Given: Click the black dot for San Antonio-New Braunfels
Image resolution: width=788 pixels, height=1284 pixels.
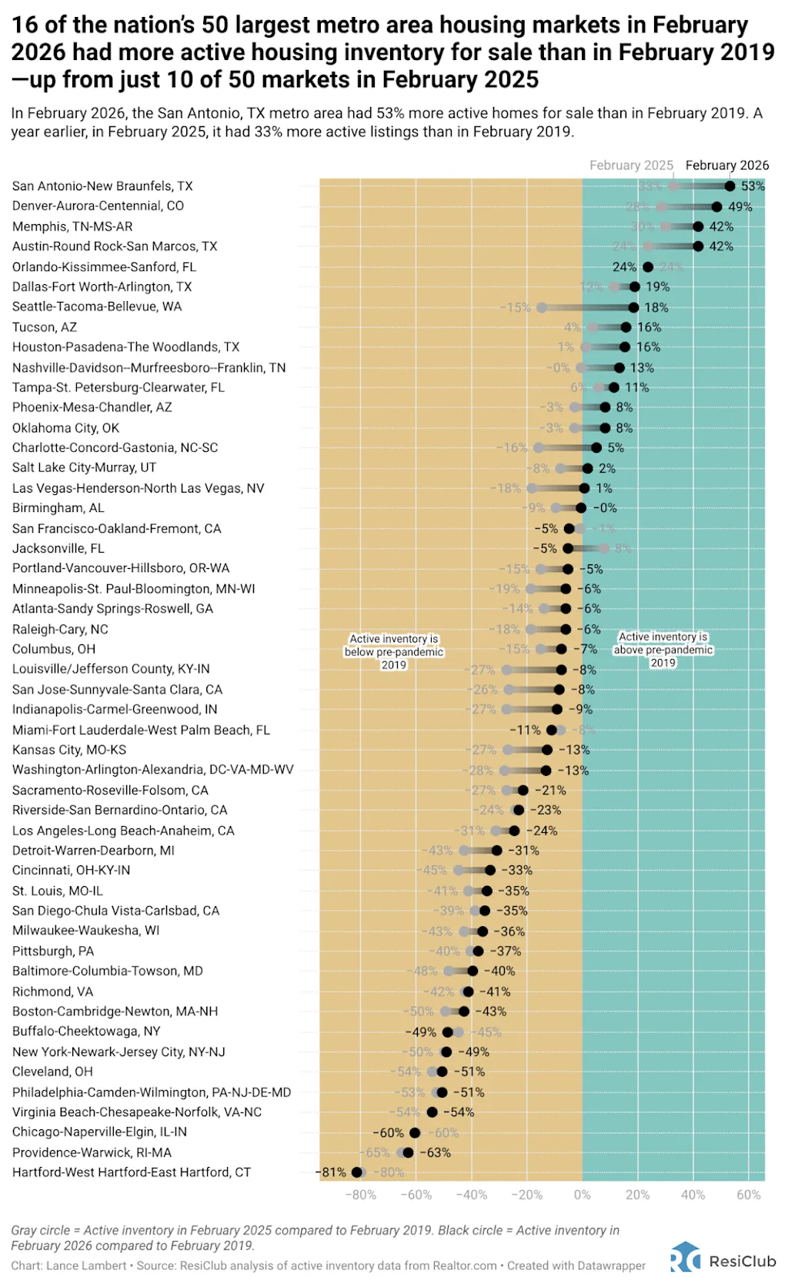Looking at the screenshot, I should tap(730, 186).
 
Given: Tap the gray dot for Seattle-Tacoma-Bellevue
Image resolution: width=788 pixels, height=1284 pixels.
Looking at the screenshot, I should tap(542, 307).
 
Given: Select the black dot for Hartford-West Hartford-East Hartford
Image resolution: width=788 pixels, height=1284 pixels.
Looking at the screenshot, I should tap(357, 1172).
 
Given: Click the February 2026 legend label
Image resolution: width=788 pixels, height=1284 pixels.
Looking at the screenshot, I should tap(726, 166).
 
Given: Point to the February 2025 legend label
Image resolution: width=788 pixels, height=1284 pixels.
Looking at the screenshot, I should tap(631, 166).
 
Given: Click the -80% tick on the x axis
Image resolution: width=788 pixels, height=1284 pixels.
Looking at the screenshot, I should tap(360, 1195).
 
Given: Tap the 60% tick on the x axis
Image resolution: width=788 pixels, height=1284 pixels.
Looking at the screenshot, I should tap(749, 1195).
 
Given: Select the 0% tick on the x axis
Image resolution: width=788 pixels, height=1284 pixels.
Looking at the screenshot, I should tap(583, 1195).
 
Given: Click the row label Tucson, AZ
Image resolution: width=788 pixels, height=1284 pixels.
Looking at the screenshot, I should tap(45, 327).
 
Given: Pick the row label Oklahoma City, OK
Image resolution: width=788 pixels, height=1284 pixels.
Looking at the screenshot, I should tap(65, 428).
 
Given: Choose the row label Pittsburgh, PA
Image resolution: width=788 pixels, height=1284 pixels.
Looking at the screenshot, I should tap(53, 951).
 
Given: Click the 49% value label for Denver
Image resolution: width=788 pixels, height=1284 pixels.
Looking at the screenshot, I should tap(740, 206).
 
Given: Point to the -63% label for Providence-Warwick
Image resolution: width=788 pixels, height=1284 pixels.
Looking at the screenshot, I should tap(435, 1152).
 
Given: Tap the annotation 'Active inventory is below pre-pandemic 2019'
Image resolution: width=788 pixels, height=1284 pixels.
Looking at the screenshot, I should tap(394, 651).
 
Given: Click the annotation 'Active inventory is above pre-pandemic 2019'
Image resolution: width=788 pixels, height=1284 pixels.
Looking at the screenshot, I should tap(663, 649).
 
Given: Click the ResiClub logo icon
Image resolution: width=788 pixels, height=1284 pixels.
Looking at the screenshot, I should tap(685, 1260).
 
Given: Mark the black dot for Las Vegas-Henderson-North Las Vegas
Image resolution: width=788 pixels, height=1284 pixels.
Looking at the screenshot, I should tap(584, 488).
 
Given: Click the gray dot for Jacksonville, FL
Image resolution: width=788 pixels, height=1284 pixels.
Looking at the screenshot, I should tap(604, 548).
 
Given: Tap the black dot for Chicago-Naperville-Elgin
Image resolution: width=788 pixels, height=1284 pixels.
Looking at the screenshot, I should tap(415, 1132).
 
